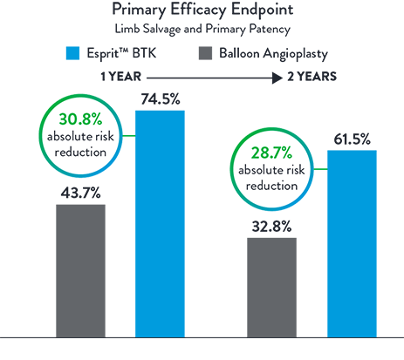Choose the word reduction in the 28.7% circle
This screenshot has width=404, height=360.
pyautogui.click(x=273, y=186)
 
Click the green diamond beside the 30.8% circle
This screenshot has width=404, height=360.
pyautogui.click(x=129, y=135)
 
